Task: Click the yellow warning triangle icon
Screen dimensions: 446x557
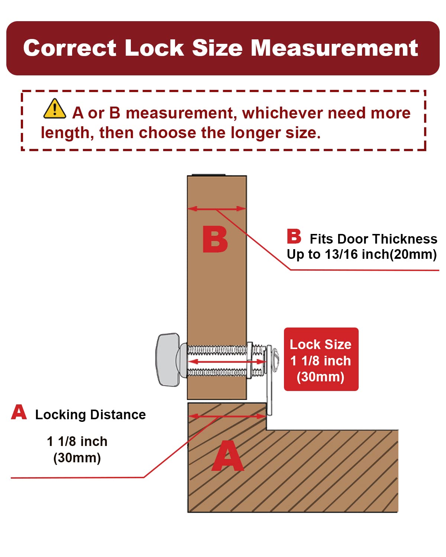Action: point(54,109)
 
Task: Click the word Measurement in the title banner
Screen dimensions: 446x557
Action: point(334,48)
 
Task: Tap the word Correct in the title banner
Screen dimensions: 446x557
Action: point(70,48)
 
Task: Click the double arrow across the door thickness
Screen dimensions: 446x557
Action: point(217,209)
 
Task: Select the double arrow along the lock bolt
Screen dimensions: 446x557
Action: point(227,362)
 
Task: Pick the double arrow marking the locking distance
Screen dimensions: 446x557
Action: point(227,416)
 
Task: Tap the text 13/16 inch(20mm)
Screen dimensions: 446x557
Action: point(381,254)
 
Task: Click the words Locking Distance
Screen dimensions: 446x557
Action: point(90,415)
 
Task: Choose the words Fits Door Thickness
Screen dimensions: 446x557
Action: point(374,239)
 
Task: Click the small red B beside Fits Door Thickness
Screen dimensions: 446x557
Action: point(294,236)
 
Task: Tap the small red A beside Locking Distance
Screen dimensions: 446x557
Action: point(19,412)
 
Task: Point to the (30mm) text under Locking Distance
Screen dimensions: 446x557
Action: point(77,458)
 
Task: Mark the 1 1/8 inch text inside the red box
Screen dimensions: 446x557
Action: point(321,361)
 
